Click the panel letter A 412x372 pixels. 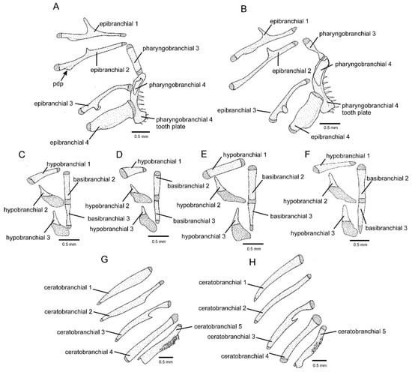pos(56,6)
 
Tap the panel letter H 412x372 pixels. pos(252,262)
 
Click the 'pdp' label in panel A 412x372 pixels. pos(58,85)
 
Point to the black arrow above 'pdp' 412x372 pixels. pos(64,76)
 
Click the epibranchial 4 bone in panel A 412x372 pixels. pos(110,116)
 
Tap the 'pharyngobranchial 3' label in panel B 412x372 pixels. pos(348,34)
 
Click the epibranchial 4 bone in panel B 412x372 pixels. pos(307,112)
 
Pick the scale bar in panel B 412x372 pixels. pos(330,123)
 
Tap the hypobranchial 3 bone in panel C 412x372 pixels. pos(60,224)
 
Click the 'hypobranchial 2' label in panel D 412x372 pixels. pos(107,205)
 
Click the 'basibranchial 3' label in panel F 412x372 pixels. pos(387,228)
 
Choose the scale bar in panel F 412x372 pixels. pos(360,240)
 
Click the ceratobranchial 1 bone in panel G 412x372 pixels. pos(125,286)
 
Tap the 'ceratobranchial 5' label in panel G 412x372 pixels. pos(218,326)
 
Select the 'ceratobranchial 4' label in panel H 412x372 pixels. pos(245,356)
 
